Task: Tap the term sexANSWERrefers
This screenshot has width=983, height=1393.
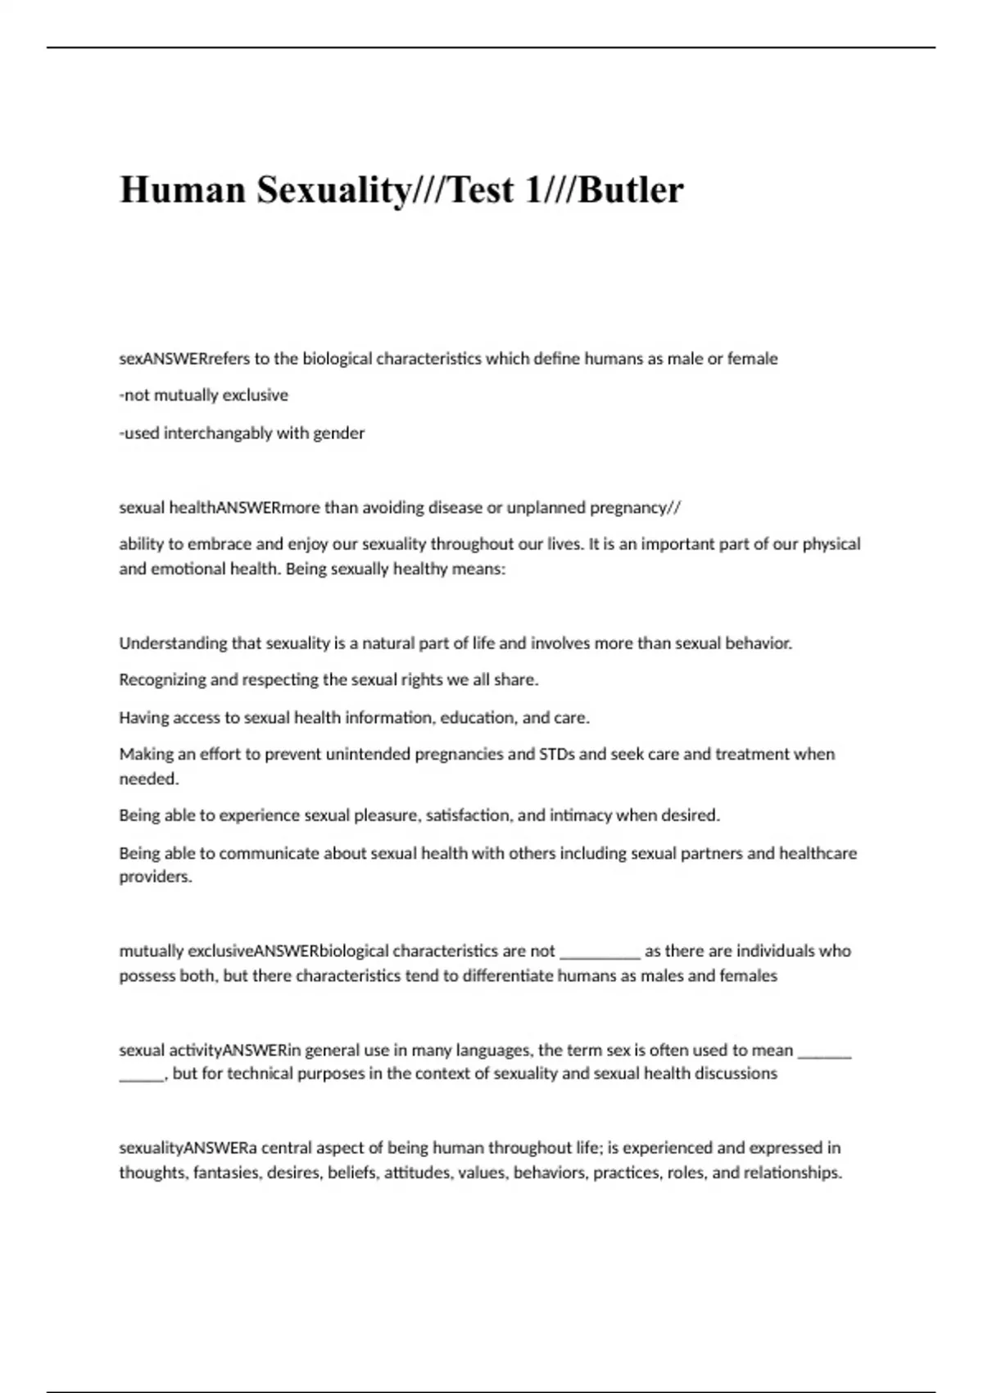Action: [174, 359]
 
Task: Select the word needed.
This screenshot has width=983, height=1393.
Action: [149, 779]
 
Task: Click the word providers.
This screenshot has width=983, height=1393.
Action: [156, 877]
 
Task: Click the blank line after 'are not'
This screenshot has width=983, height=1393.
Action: [600, 953]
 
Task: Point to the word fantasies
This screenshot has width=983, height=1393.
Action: [227, 1173]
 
